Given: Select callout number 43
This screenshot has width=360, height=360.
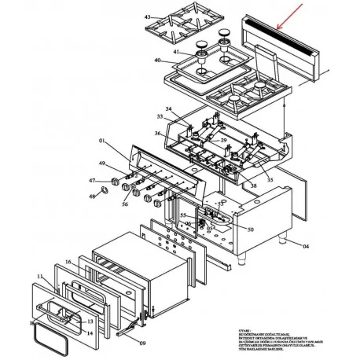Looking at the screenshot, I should (147, 17).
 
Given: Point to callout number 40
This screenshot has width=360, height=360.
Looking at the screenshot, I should (157, 61).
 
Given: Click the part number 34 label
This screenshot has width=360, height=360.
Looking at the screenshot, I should (167, 108).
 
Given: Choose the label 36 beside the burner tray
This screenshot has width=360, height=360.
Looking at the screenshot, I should (158, 134).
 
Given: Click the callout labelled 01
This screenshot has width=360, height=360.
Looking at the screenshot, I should (101, 141).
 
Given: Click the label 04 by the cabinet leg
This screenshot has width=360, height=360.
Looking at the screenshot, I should (307, 247).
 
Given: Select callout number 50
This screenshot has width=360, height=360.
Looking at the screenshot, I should (250, 230).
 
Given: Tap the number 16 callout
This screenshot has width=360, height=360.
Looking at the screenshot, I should (68, 262).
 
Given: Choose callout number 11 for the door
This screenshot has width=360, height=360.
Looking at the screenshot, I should (39, 277).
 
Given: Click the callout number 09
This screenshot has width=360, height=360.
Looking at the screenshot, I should (142, 343).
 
